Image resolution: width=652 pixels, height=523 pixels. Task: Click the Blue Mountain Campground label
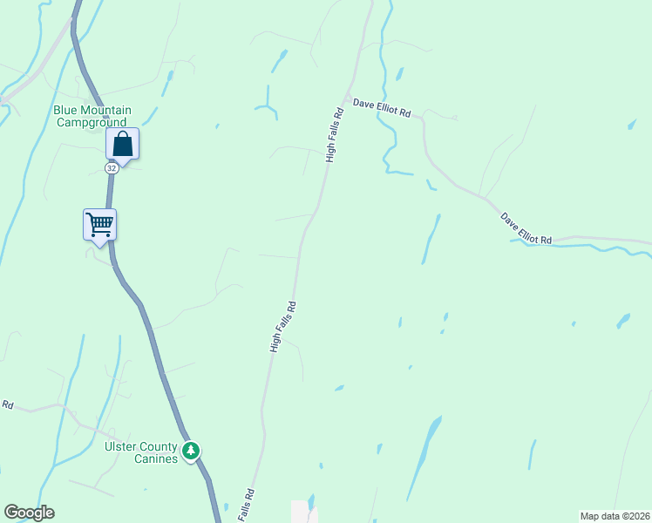click(92, 116)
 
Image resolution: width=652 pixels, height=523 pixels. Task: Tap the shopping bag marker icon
click(123, 144)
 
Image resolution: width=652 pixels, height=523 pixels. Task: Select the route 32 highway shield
click(112, 167)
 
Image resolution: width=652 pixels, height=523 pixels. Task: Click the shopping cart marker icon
click(99, 224)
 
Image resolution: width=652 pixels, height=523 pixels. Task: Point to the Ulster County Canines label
click(141, 452)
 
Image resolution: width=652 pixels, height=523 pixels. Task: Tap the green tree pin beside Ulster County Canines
click(191, 452)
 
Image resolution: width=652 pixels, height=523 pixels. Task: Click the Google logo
click(29, 513)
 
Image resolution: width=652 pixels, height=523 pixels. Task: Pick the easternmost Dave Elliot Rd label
click(526, 228)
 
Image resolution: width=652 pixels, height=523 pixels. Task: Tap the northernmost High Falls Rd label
click(332, 135)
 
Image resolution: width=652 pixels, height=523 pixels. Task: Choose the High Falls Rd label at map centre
click(284, 327)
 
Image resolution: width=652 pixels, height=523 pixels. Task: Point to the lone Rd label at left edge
click(7, 404)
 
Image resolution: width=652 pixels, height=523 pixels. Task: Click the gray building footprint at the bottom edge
click(300, 511)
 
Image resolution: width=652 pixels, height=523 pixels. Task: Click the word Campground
click(92, 122)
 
